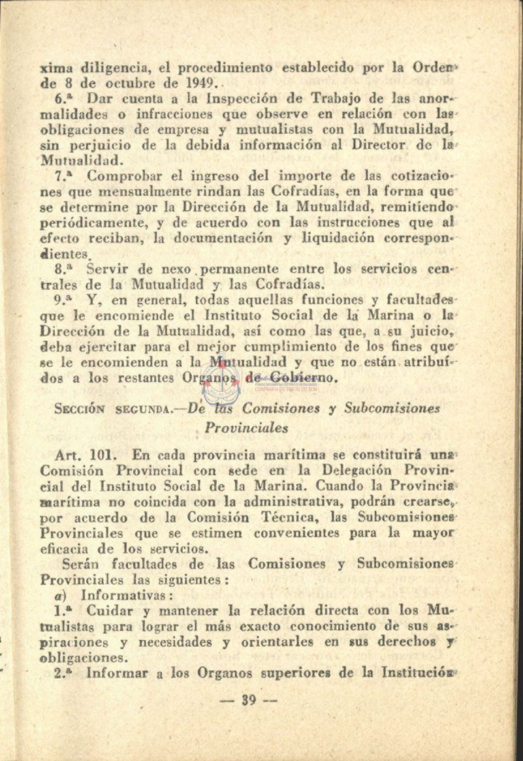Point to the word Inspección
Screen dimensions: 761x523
pyautogui.click(x=246, y=100)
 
